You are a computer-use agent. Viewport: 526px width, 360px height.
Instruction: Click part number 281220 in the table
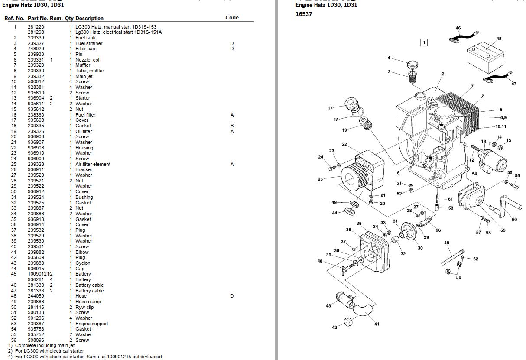coord(36,27)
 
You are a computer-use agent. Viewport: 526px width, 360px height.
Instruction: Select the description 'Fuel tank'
coord(85,38)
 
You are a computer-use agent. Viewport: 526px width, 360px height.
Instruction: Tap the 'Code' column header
coord(232,18)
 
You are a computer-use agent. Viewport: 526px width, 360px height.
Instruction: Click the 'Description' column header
coord(89,19)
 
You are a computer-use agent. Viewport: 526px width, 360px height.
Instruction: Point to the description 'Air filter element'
coord(93,164)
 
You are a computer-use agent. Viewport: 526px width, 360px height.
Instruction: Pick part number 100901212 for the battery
coord(40,274)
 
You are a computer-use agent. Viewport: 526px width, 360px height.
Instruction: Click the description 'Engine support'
coord(91,324)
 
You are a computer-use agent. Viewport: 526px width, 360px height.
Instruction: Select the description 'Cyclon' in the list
coord(83,263)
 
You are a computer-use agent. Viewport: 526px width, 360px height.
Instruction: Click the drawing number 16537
coord(304,14)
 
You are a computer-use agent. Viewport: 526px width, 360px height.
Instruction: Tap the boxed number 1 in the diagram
coord(424,42)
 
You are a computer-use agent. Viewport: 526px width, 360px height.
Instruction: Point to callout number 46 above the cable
coord(458,29)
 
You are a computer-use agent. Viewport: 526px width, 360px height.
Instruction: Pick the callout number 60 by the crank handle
coord(514,220)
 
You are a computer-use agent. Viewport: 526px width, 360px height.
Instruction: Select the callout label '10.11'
coord(500,126)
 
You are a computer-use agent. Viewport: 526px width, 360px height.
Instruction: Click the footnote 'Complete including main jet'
coord(45,345)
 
